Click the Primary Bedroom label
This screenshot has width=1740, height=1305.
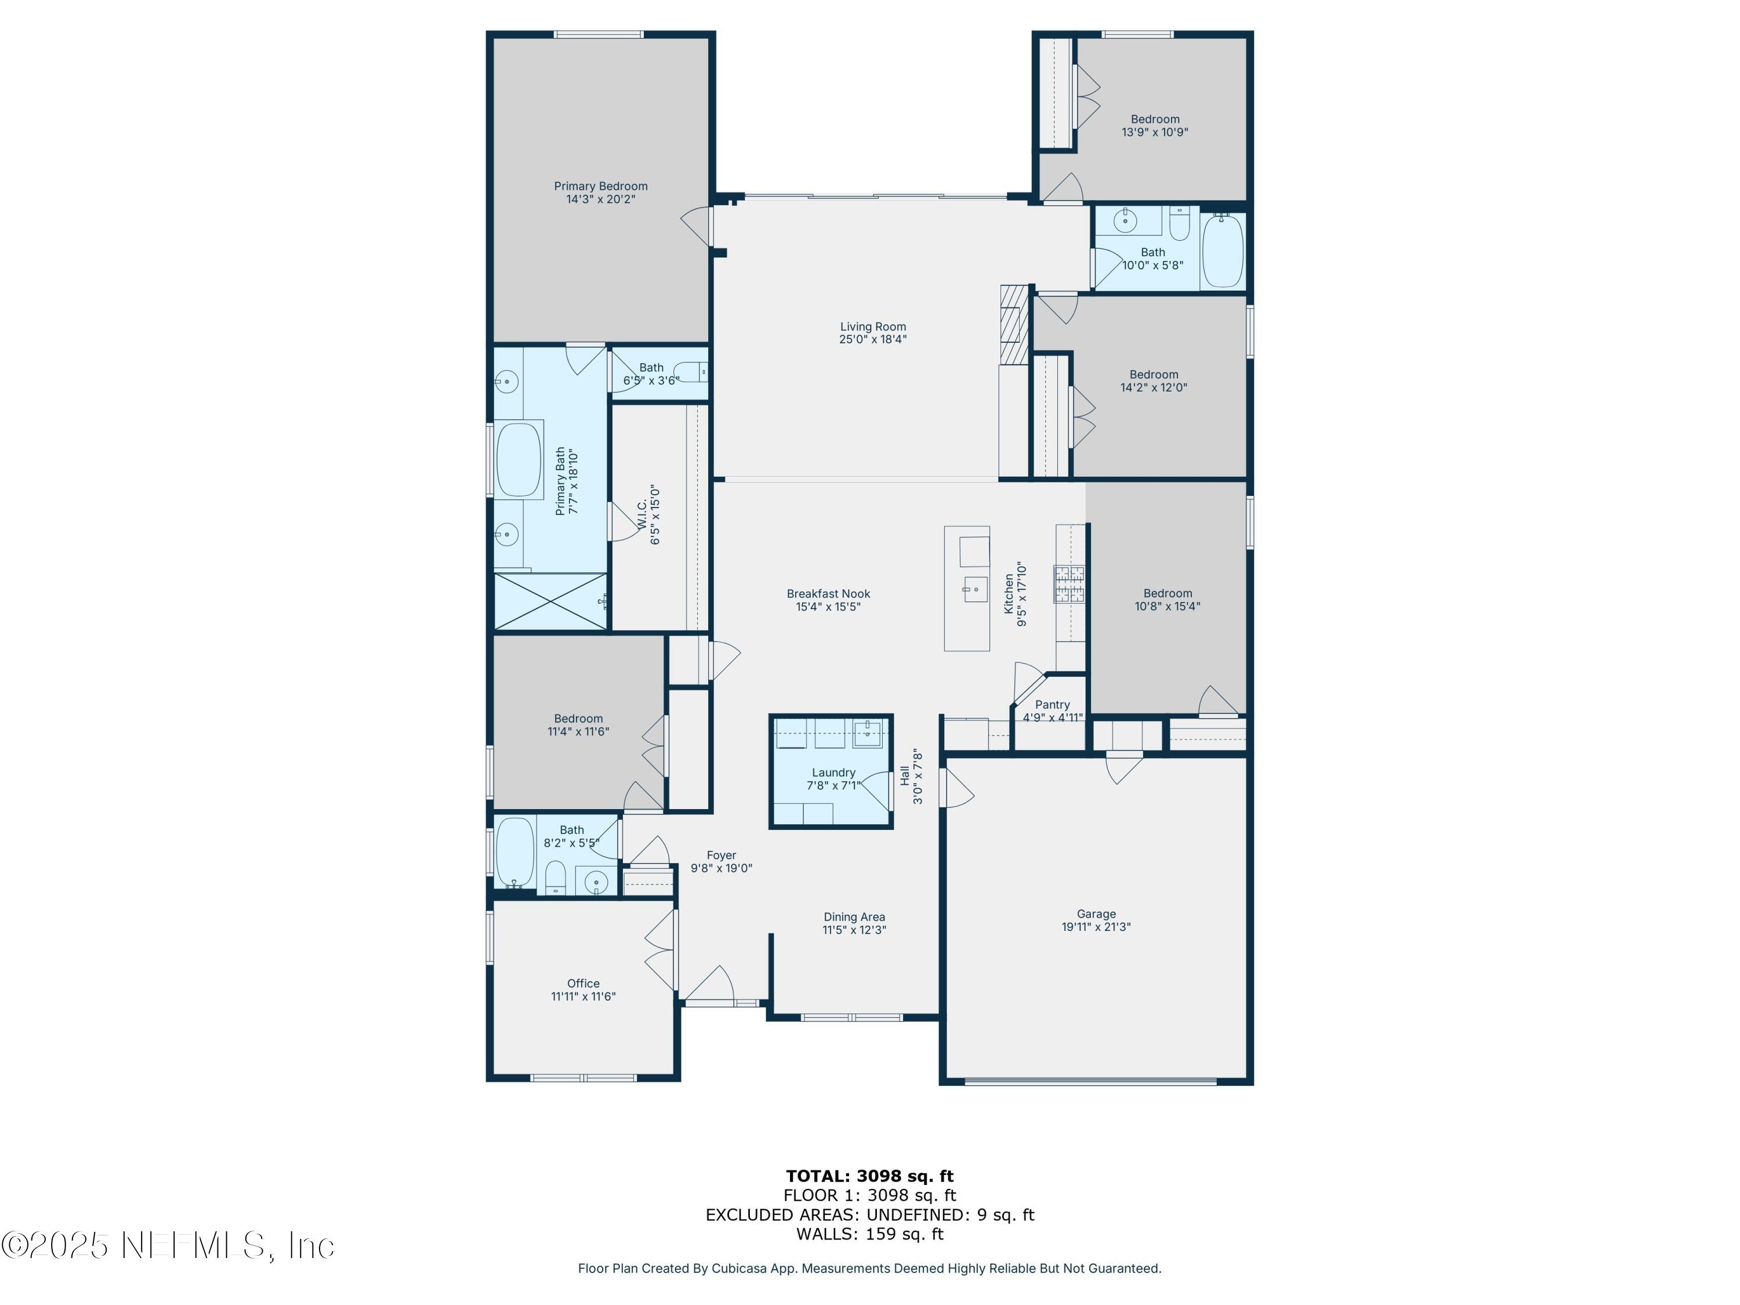tap(600, 186)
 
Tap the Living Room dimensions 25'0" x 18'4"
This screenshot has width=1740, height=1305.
tap(872, 340)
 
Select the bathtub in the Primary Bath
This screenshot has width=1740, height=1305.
tap(519, 460)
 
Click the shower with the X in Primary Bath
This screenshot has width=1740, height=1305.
tap(550, 602)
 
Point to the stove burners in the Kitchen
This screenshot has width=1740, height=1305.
tap(1069, 583)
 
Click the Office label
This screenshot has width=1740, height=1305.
tap(583, 983)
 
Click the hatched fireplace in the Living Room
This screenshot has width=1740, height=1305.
tap(1014, 325)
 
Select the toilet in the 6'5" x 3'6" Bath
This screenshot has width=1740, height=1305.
tap(691, 371)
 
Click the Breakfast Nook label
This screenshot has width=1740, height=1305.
tap(828, 594)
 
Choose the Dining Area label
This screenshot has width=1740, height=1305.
tap(854, 916)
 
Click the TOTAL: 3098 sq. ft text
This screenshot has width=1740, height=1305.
tap(869, 1176)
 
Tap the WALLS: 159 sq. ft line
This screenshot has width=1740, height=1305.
tap(869, 1234)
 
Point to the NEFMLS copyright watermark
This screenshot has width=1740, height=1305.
tap(168, 1245)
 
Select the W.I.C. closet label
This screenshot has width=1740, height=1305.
tap(642, 514)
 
